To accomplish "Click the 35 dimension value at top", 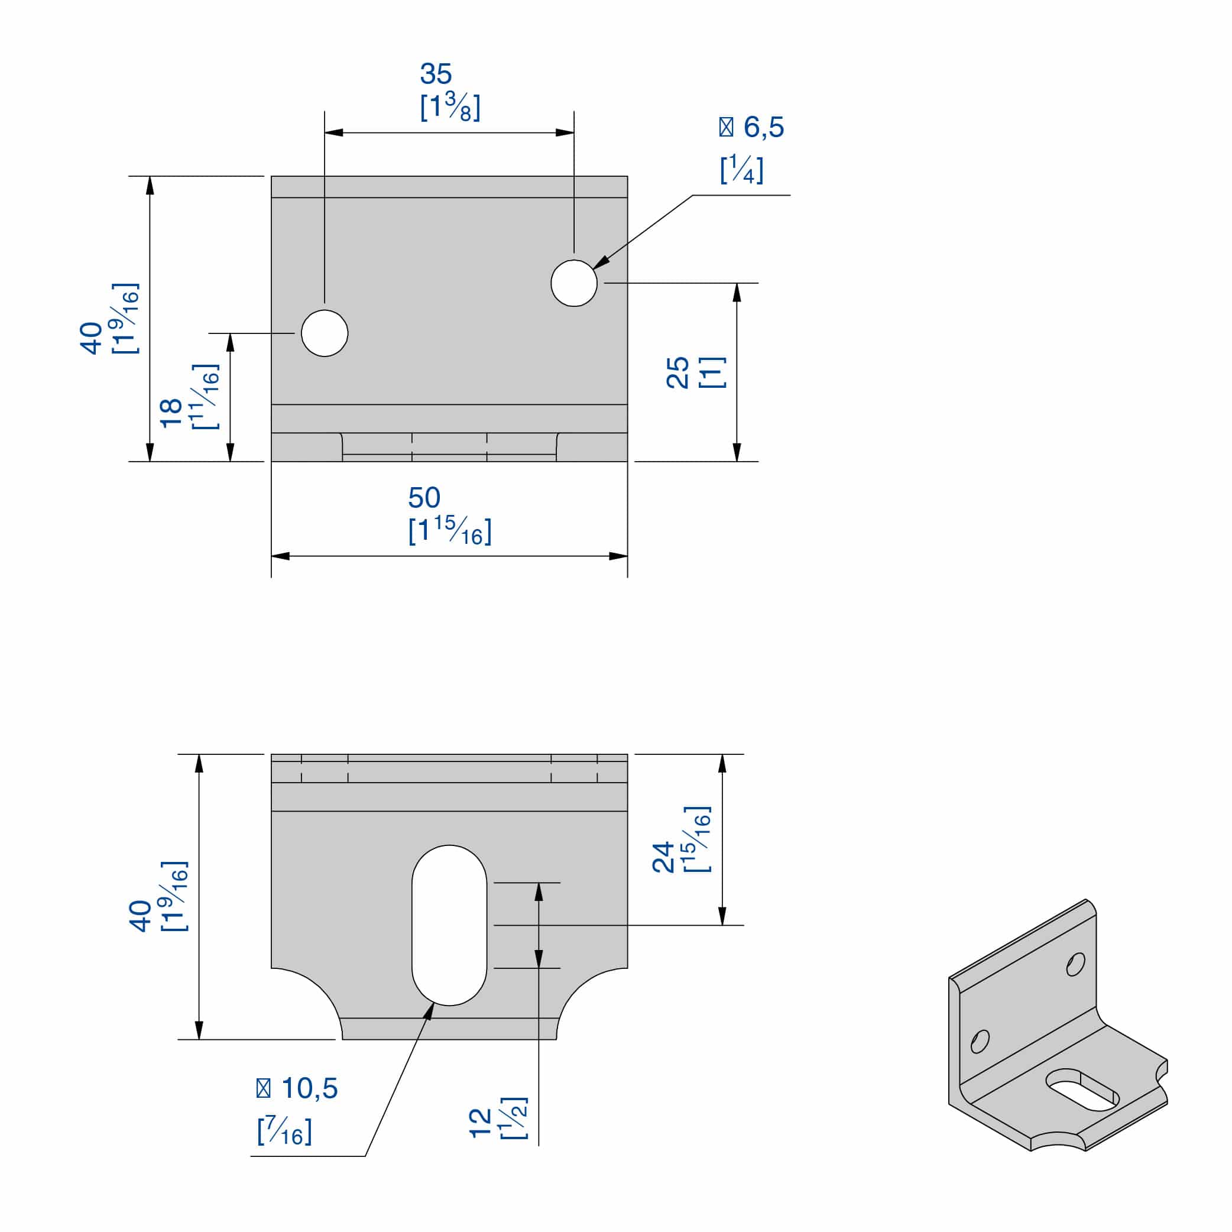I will pyautogui.click(x=436, y=74).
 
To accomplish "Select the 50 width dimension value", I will pyautogui.click(x=424, y=497).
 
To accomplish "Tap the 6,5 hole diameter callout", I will pyautogui.click(x=763, y=128).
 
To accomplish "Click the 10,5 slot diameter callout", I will pyautogui.click(x=309, y=1088).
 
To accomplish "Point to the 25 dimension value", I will pyautogui.click(x=677, y=373).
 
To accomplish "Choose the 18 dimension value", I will pyautogui.click(x=171, y=413).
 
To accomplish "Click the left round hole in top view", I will pyautogui.click(x=325, y=333).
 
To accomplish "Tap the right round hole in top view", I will pyautogui.click(x=574, y=283).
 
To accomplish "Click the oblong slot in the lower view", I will pyautogui.click(x=449, y=925).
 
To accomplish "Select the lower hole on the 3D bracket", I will pyautogui.click(x=980, y=1041).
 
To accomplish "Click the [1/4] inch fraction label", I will pyautogui.click(x=741, y=170).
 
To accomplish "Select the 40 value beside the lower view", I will pyautogui.click(x=140, y=916).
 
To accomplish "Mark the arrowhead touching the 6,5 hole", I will pyautogui.click(x=600, y=262).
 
